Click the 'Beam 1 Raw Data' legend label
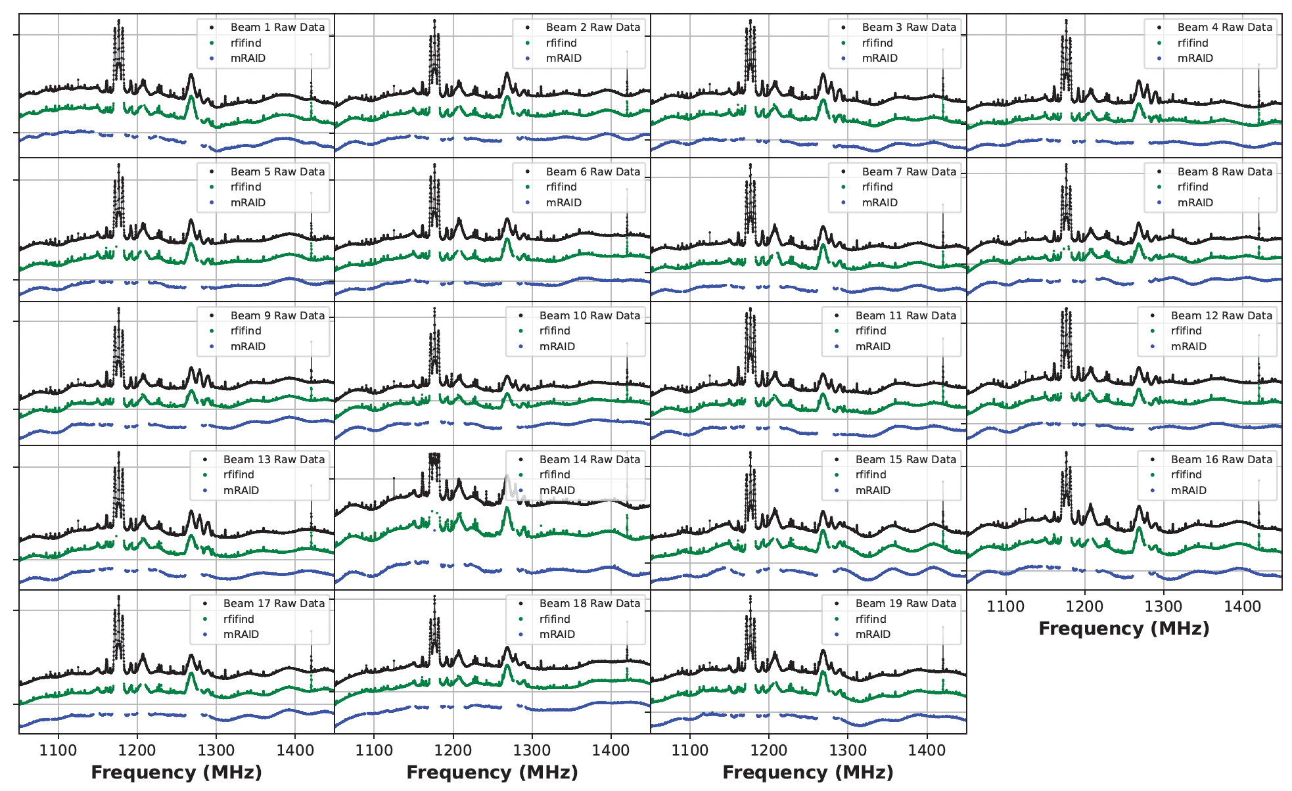[277, 28]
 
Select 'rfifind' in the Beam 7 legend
[877, 187]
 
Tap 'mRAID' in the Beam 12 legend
[1189, 347]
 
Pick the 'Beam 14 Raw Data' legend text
[589, 460]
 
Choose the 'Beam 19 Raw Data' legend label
[906, 604]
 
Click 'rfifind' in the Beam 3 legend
[877, 43]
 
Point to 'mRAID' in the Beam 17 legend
[241, 635]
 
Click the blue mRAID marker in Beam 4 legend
[1159, 58]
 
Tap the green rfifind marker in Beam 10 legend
[521, 331]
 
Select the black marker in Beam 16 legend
[1153, 460]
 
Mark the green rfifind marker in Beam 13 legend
[205, 475]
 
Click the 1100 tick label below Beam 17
[58, 750]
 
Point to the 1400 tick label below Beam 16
[1242, 606]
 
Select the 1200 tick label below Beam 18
[453, 750]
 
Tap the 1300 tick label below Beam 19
[848, 750]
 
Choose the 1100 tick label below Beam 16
[1005, 606]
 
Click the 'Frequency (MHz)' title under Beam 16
[1124, 629]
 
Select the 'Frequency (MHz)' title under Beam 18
[492, 773]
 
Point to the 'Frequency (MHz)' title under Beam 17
[176, 773]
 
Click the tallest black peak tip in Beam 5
[119, 165]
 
